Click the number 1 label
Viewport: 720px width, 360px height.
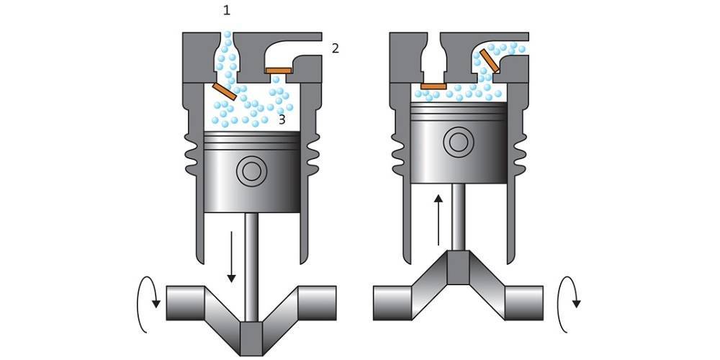coord(226,11)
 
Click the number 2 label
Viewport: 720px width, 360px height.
coord(336,48)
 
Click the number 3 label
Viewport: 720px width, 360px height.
coord(282,120)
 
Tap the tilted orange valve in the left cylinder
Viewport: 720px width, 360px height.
coord(225,92)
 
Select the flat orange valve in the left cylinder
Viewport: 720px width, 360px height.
coord(278,71)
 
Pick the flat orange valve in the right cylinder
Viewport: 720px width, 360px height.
coord(433,86)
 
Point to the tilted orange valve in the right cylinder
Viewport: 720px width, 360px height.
coord(490,61)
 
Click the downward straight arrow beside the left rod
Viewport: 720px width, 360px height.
coord(231,257)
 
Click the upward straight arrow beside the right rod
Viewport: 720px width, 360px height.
coord(438,220)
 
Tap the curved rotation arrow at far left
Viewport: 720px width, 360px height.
coord(148,305)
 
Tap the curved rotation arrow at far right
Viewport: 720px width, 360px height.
coord(569,305)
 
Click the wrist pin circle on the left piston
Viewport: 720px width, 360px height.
coord(251,171)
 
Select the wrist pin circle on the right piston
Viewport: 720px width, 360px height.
coord(458,143)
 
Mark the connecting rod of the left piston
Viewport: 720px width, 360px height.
coord(251,267)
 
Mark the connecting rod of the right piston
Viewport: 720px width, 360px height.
coord(458,217)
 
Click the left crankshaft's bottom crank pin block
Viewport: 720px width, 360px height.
coord(251,338)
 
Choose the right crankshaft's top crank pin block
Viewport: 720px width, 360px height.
coord(458,268)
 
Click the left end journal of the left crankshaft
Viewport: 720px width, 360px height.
coord(186,303)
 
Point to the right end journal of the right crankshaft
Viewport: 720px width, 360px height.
coord(524,303)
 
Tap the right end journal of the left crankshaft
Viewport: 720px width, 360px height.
coord(318,303)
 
